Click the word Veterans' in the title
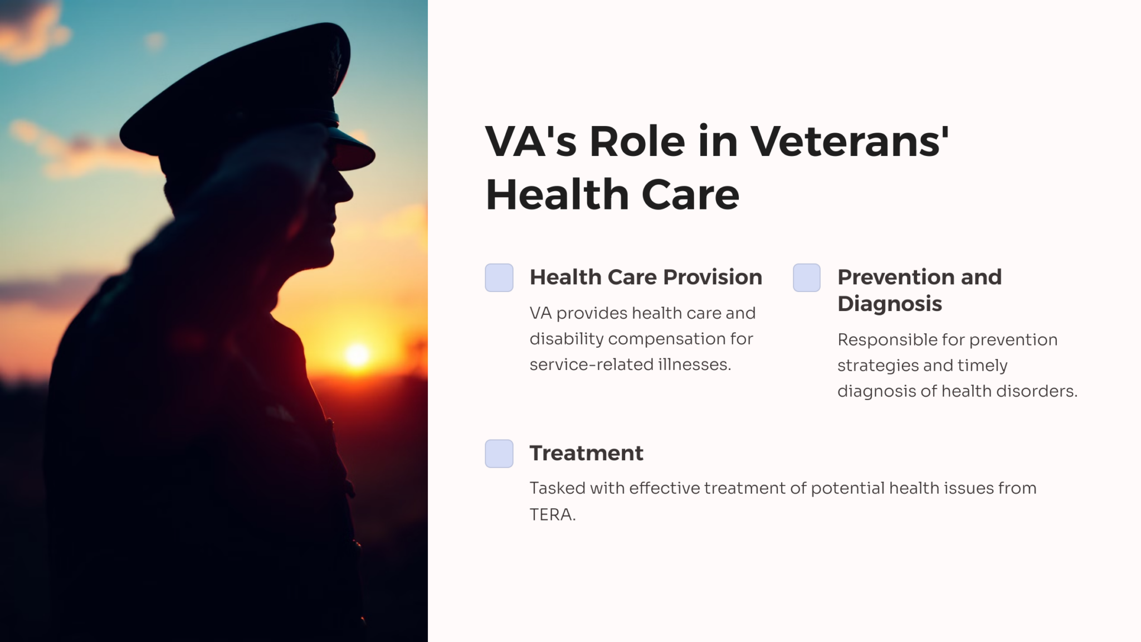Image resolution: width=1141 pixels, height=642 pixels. (850, 141)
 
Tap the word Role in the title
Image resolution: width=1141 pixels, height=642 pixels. (637, 141)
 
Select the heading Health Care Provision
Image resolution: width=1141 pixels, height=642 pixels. (646, 277)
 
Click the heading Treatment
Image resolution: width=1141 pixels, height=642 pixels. (586, 453)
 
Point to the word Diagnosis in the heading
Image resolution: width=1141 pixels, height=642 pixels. (890, 304)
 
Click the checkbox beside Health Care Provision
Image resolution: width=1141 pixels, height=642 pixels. (499, 278)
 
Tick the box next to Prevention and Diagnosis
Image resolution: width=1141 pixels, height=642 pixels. (807, 278)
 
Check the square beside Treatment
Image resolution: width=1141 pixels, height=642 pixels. (499, 454)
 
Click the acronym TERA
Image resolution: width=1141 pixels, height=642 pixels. (552, 514)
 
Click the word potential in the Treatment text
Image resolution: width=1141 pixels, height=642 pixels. (847, 489)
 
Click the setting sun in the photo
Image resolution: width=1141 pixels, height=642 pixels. (357, 354)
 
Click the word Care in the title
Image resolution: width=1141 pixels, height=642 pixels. (690, 194)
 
